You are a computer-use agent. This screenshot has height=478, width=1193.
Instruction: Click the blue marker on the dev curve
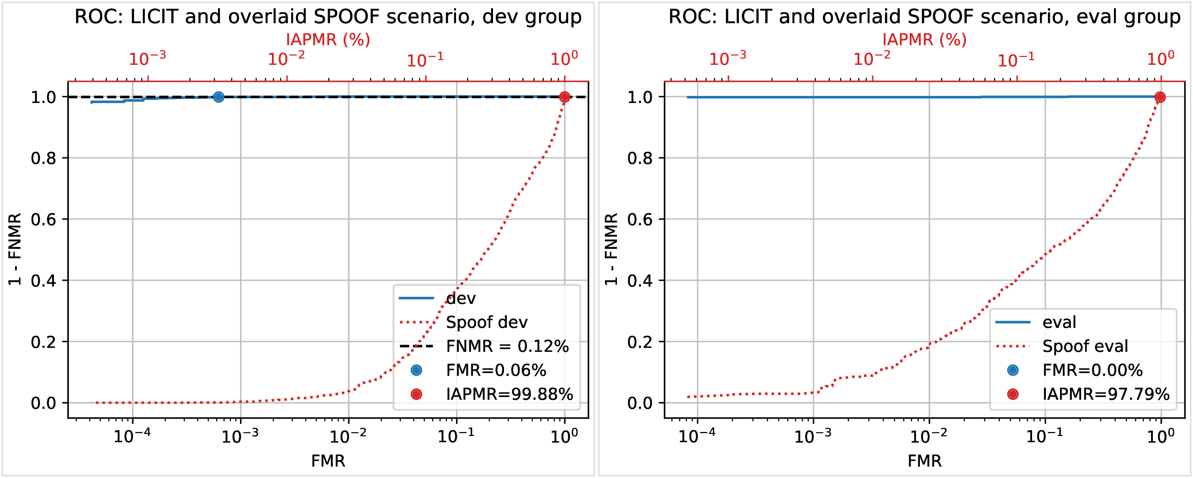click(x=219, y=97)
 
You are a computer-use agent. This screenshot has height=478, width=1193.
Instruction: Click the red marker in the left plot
click(x=564, y=97)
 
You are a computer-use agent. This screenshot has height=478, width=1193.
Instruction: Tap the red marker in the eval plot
click(x=1160, y=97)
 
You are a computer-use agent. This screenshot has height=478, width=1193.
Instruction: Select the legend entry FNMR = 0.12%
click(x=507, y=346)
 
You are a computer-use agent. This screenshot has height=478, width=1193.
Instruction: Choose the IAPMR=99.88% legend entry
click(x=509, y=394)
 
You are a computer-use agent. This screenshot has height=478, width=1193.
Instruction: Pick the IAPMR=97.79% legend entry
click(x=1106, y=394)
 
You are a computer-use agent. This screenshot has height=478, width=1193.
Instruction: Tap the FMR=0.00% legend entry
click(x=1092, y=370)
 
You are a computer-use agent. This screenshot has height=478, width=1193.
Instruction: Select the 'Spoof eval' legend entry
click(x=1085, y=346)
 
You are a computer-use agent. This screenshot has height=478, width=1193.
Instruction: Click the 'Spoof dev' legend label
click(x=486, y=322)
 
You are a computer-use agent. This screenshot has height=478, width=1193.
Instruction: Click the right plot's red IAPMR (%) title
click(x=924, y=39)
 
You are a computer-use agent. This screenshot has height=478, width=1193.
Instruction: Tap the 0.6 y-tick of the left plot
click(x=43, y=219)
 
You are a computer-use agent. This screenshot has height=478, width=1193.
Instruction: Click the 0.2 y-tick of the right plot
click(x=639, y=342)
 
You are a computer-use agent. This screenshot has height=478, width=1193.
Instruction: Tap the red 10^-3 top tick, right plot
click(x=728, y=58)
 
